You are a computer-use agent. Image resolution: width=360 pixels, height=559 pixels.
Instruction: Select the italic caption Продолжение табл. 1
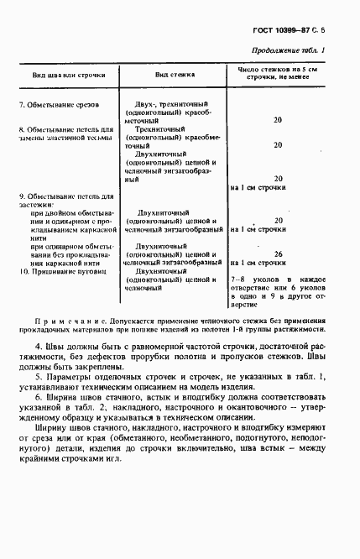click(x=310, y=50)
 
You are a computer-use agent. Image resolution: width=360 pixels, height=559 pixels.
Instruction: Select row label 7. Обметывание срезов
click(x=60, y=105)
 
